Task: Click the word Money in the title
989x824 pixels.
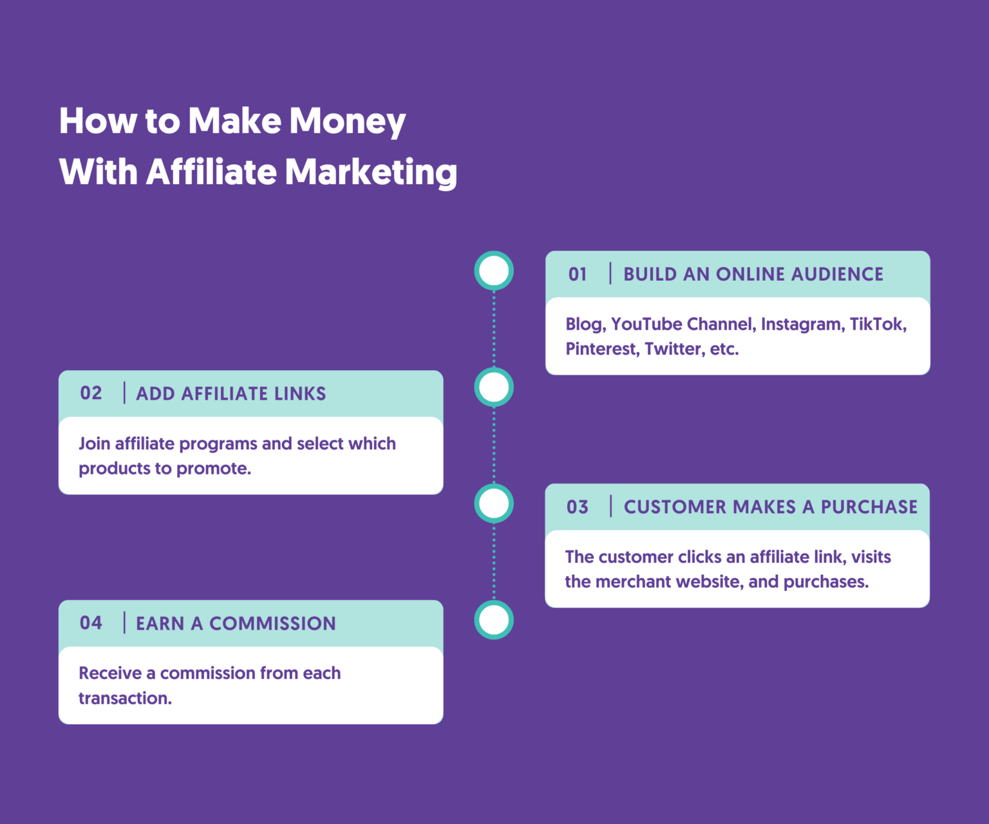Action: click(347, 121)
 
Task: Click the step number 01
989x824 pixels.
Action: click(578, 275)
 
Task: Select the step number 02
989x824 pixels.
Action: click(91, 393)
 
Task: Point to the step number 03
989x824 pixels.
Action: click(578, 507)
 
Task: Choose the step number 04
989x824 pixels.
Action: click(91, 623)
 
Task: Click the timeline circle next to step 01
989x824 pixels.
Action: click(494, 270)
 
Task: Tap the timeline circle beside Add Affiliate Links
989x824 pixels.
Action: click(494, 388)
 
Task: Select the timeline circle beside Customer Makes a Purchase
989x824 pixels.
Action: click(494, 503)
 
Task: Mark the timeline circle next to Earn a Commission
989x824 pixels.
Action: click(494, 620)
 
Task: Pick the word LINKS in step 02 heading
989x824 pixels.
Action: click(299, 394)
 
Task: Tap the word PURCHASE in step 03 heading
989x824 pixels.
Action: click(869, 507)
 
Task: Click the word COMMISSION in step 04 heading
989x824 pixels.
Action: click(272, 624)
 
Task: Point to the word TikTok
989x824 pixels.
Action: click(877, 324)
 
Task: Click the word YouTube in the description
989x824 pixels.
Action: click(646, 324)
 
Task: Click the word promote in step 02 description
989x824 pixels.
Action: click(213, 469)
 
